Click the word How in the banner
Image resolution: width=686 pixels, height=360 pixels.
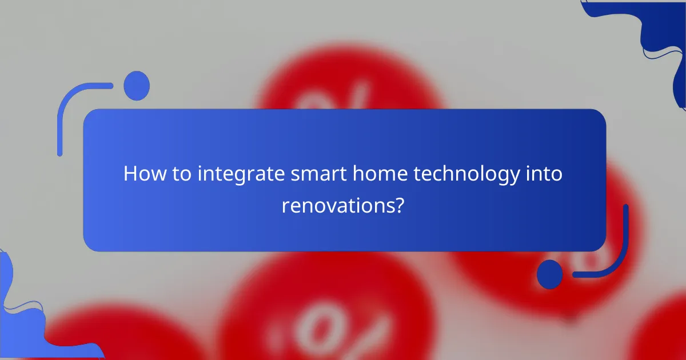(x=141, y=174)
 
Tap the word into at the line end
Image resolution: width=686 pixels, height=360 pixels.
(x=545, y=174)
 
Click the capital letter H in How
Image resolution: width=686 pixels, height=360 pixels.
(x=130, y=174)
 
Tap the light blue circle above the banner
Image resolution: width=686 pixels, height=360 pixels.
(x=137, y=86)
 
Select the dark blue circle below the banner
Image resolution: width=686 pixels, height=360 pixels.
(x=550, y=274)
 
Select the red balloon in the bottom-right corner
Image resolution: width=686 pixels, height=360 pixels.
(x=663, y=331)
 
